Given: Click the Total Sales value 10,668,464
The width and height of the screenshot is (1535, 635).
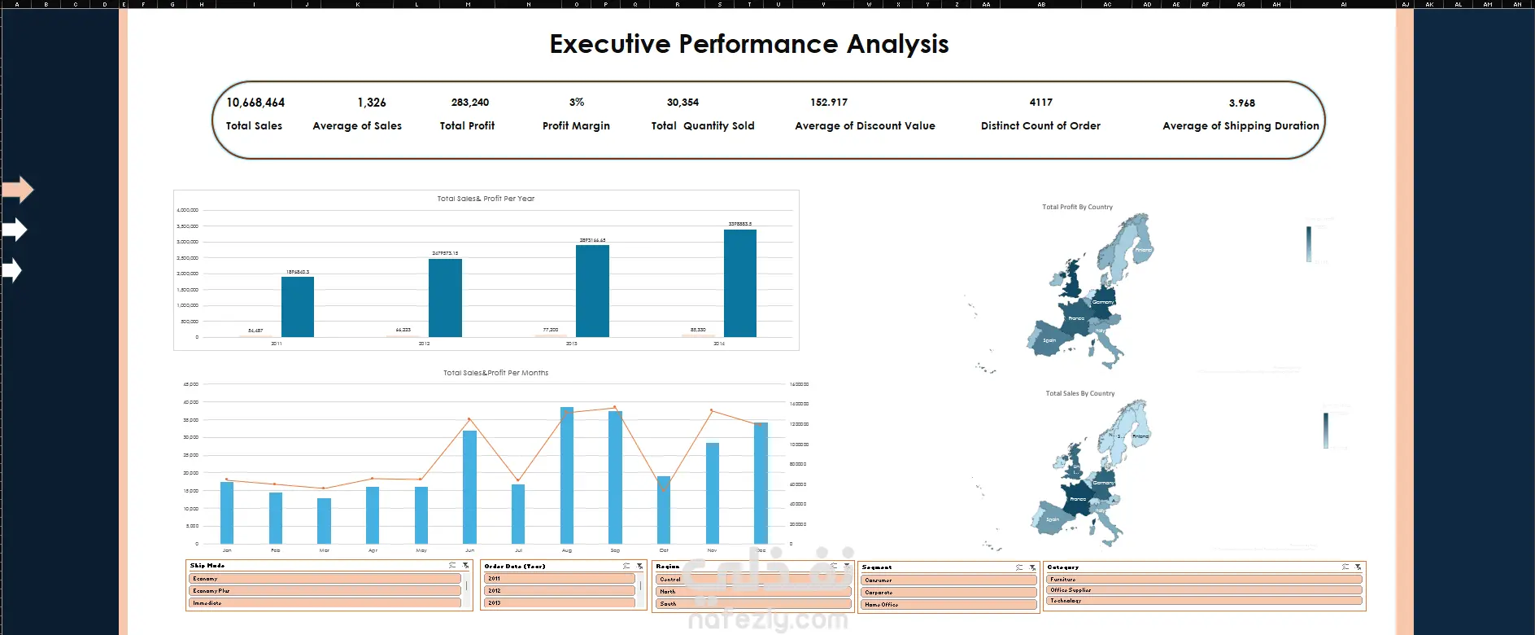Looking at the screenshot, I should point(255,103).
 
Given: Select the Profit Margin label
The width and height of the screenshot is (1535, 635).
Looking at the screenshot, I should point(576,126).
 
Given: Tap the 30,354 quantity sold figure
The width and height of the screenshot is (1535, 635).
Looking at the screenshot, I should point(682,103).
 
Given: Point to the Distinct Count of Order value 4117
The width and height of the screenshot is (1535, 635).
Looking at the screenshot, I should point(1040,103).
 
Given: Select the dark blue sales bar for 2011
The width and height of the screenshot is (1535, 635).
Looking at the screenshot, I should point(298,307).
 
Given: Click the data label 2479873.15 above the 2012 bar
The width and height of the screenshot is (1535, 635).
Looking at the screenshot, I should point(445,253).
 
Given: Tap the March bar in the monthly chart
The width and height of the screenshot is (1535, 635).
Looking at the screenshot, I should point(325,520).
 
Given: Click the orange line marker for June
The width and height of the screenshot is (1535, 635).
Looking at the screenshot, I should point(469,419).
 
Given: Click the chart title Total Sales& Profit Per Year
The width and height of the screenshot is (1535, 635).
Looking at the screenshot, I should point(486,199).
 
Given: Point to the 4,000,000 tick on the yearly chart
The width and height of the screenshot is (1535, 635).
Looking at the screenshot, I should point(187,210).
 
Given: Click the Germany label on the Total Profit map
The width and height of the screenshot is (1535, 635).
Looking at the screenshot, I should point(1103,302).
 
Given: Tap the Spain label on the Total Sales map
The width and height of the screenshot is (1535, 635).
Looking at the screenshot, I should point(1053,519).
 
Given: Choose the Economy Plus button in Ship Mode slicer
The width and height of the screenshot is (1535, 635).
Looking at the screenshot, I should point(325,591).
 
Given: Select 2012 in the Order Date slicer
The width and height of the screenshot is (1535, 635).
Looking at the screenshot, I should point(559,591).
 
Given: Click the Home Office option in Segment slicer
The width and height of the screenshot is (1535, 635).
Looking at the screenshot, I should point(948,605).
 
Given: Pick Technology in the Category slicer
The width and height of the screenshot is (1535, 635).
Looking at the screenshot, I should point(1204,601).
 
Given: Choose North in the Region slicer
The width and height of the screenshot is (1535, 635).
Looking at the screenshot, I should point(752,592).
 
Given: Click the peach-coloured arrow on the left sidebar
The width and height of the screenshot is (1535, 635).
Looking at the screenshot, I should point(17,190).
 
